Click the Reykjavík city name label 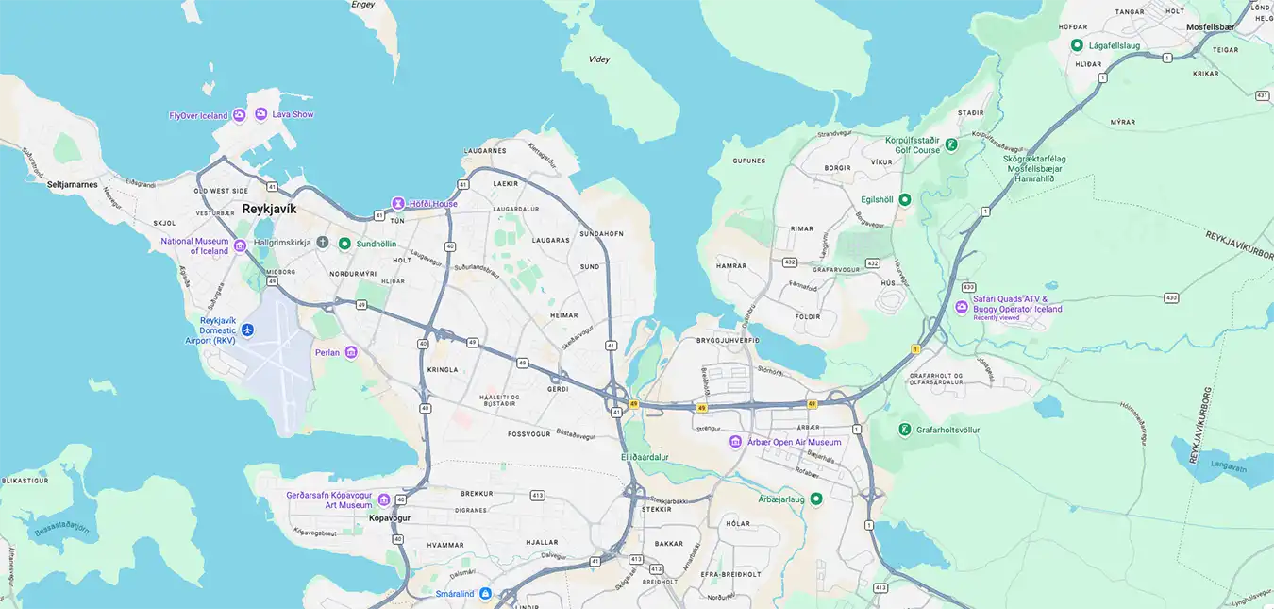coord(269,209)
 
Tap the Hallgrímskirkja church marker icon coord(323,244)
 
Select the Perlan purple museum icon coord(351,352)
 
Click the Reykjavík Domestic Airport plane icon coord(247,330)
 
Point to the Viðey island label coord(598,59)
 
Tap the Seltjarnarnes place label coord(73,185)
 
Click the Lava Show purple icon coord(261,114)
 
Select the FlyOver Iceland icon coord(240,115)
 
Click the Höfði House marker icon coord(399,204)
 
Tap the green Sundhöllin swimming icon coord(344,244)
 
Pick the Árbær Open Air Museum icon coord(735,442)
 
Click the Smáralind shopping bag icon coord(485,594)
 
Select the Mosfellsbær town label coord(1210,27)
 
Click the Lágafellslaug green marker coord(1077,44)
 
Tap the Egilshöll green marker coord(904,199)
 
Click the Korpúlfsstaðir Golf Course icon coord(951,144)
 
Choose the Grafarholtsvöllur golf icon coord(905,430)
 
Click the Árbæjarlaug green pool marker coord(816,499)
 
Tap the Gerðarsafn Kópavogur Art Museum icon coord(384,499)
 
